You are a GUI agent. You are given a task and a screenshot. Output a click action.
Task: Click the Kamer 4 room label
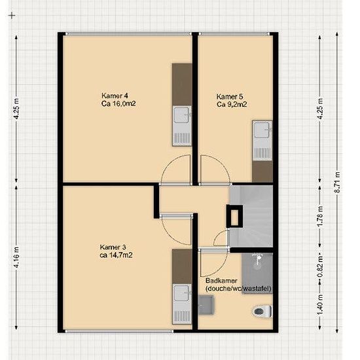click(118, 99)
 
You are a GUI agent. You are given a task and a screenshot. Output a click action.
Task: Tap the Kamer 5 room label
click(232, 100)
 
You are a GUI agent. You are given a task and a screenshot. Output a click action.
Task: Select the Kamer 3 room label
click(116, 251)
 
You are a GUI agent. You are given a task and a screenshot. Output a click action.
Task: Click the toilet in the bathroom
click(262, 312)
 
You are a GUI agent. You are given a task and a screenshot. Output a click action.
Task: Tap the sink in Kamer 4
click(182, 126)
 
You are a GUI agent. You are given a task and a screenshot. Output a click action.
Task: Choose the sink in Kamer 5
click(262, 141)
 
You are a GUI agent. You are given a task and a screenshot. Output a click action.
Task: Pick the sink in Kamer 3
click(182, 304)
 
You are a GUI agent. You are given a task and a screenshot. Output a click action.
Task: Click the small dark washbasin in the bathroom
click(206, 305)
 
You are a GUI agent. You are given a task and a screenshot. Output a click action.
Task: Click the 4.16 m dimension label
click(16, 257)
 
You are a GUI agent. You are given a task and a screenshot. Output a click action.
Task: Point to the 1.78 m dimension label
click(320, 216)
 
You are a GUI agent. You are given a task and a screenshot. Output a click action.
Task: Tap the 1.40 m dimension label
click(320, 304)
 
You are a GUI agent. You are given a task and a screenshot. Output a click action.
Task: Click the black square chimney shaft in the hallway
click(234, 217)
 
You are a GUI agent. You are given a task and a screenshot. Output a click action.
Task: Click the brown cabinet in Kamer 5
click(262, 171)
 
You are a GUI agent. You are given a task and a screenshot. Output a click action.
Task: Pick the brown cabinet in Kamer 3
click(182, 266)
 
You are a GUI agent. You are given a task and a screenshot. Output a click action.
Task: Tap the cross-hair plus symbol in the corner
click(12, 16)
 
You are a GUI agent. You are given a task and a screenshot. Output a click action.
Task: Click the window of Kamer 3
click(119, 331)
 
